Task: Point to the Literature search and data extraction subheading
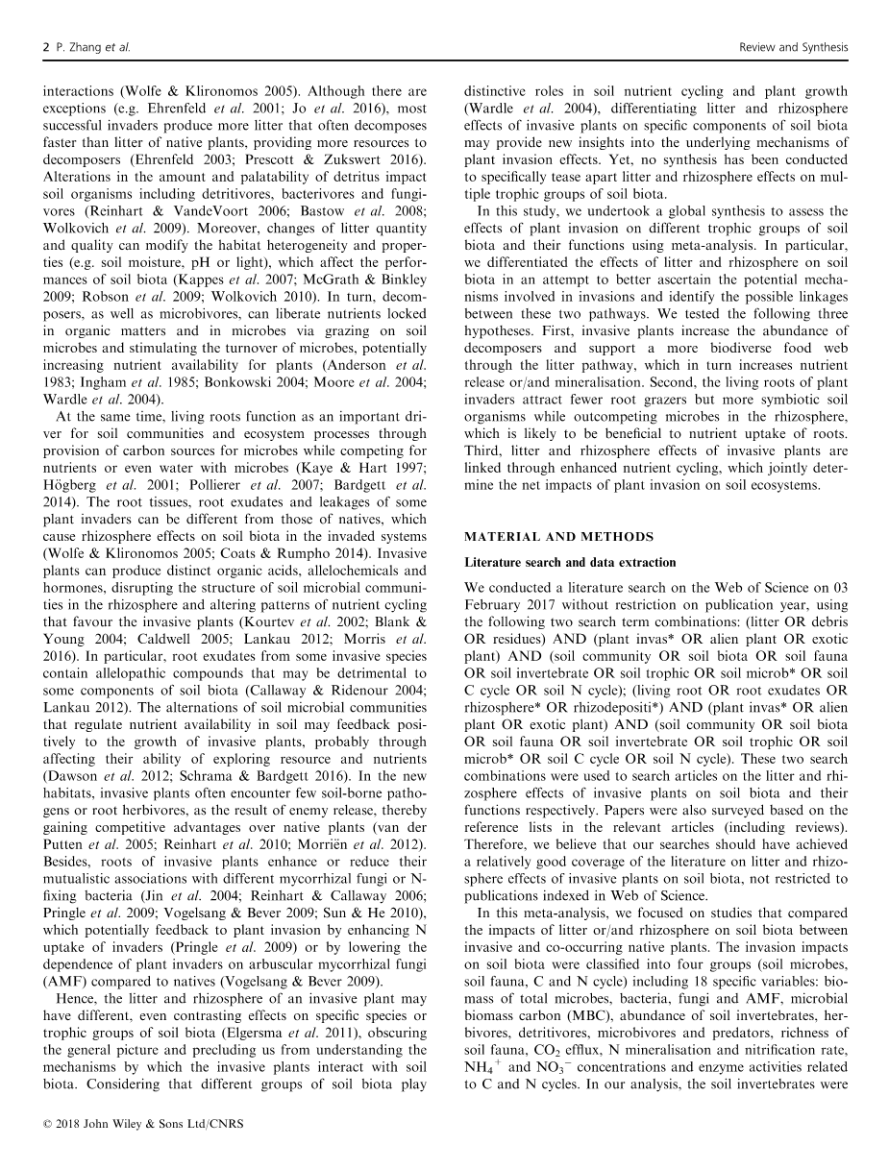[x=570, y=562]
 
